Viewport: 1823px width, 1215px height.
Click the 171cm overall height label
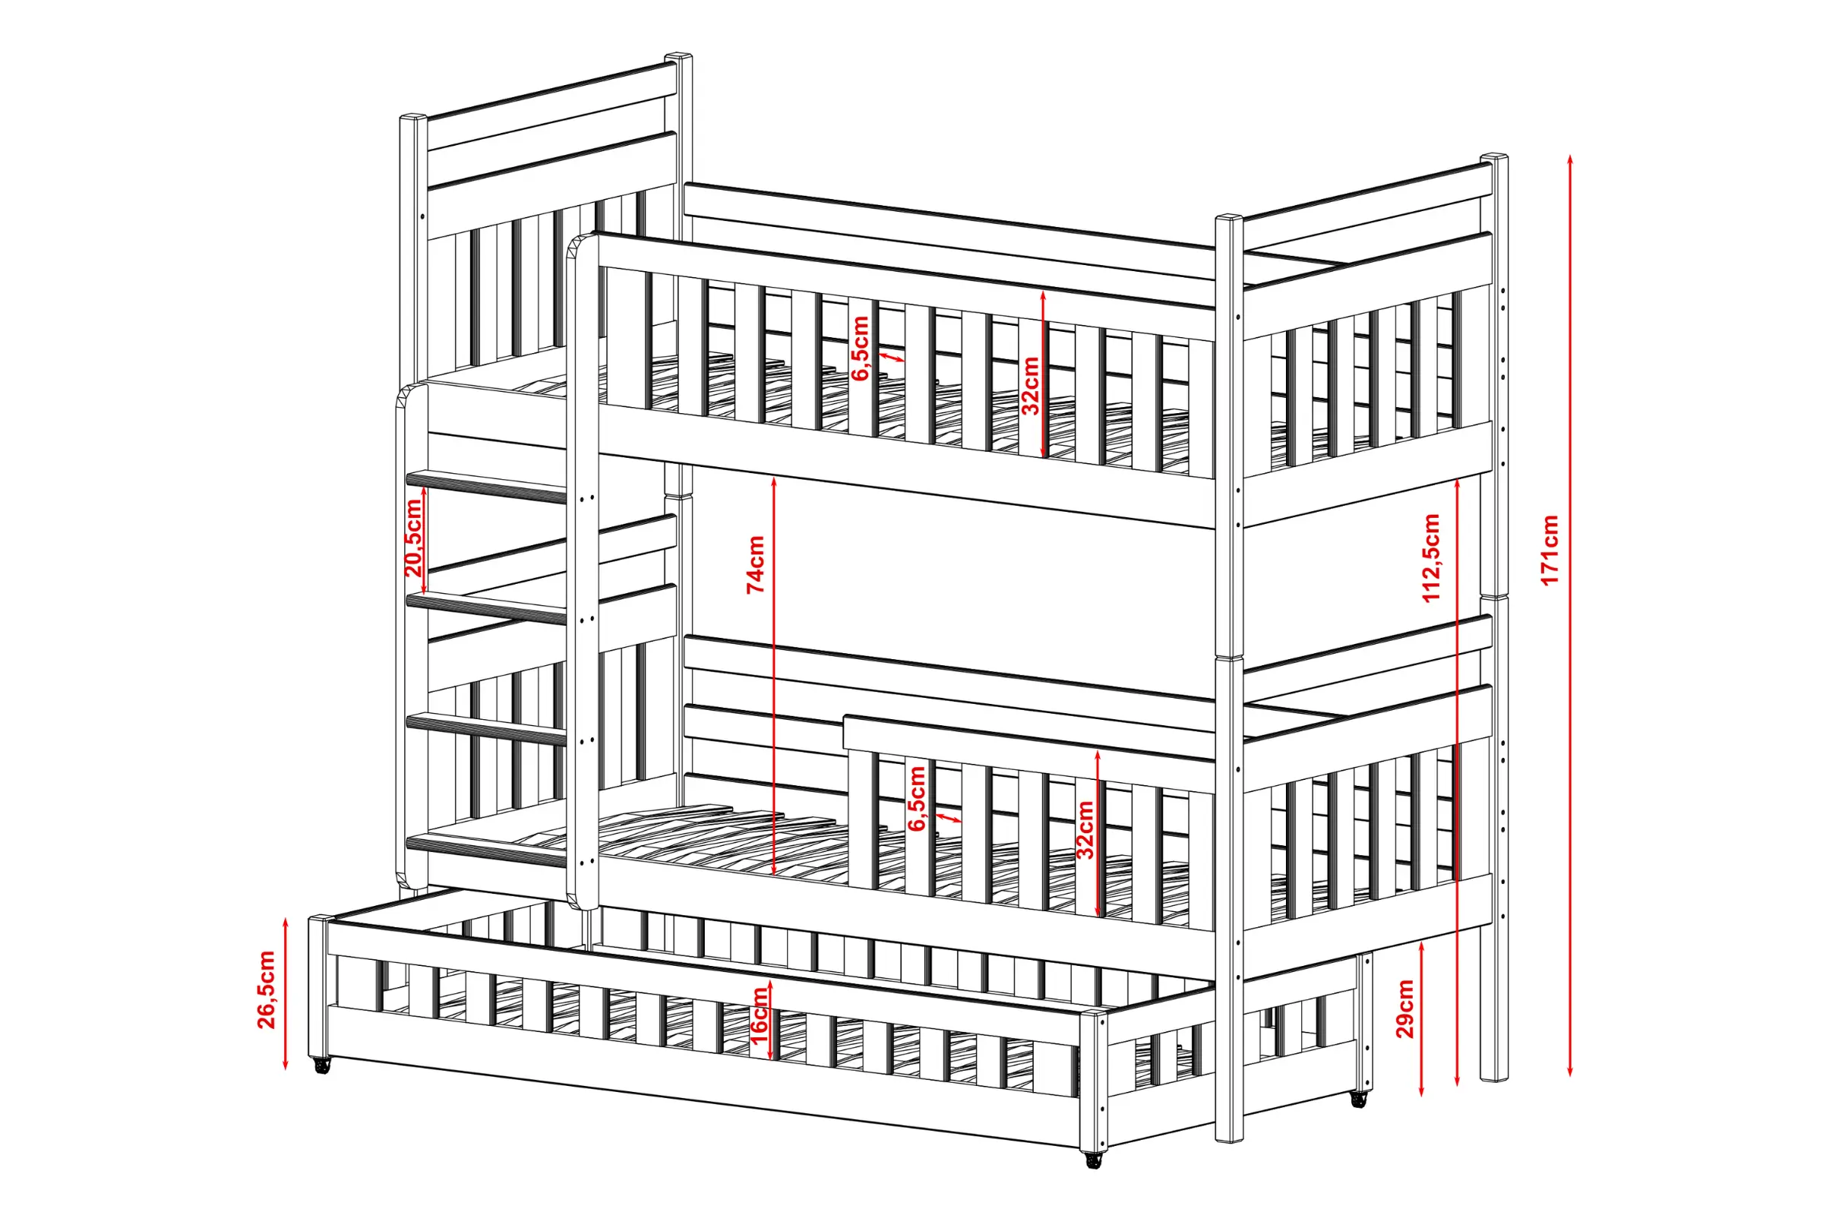coord(1550,550)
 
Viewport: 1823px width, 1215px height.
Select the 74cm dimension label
coord(756,565)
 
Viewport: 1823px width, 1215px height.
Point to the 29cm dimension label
coord(1405,1009)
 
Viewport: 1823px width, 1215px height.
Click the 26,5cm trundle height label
coord(266,989)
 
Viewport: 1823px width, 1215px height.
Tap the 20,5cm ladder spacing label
coord(414,538)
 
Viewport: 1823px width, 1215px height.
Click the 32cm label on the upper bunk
coord(1030,386)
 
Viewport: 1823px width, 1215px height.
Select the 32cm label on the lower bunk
coord(1085,830)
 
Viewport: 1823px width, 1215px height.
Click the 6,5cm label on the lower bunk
coord(917,798)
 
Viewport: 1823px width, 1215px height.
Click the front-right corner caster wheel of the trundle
coord(1094,1160)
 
